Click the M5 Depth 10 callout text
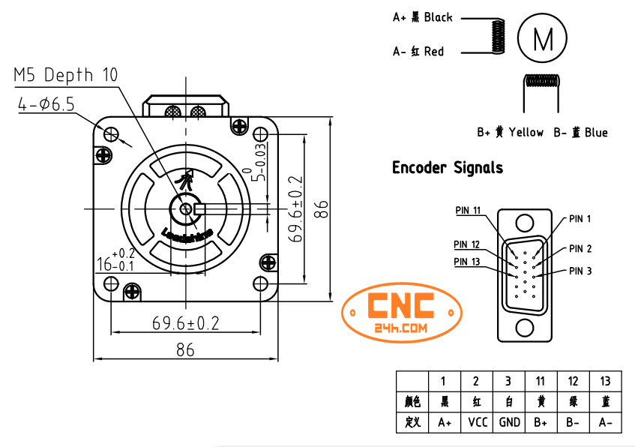[66, 75]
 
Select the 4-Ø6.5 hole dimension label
[46, 105]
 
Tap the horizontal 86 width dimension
[184, 349]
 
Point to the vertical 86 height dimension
[321, 208]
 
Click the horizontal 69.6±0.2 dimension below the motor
[185, 323]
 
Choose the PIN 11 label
[468, 210]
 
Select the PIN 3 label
[580, 271]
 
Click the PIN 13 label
[466, 261]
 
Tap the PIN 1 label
[580, 219]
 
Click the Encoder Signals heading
[448, 168]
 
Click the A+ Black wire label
[423, 17]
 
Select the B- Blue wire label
[580, 133]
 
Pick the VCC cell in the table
[477, 422]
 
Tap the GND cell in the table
[509, 422]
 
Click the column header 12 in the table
[573, 381]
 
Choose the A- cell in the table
[605, 422]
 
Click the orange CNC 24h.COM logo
[400, 313]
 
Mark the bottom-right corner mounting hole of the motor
[260, 283]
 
